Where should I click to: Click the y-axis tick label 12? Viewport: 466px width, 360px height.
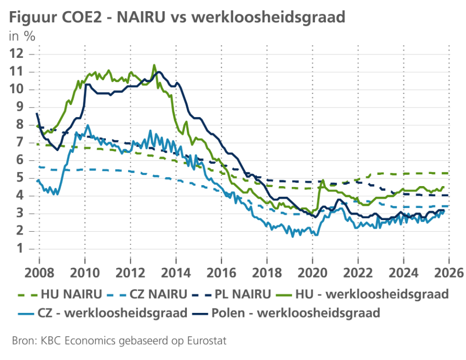point(16,53)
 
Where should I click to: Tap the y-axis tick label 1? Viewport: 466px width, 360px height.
point(19,249)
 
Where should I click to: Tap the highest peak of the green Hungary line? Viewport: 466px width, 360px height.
point(154,65)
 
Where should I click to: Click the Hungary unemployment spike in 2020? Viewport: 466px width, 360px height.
point(322,180)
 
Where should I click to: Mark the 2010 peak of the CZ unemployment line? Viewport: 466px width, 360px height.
point(88,125)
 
